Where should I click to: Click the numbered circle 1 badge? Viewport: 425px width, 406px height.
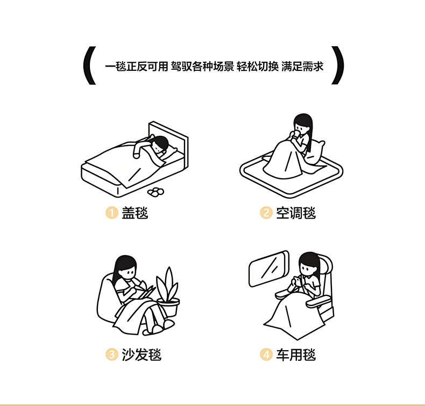111,213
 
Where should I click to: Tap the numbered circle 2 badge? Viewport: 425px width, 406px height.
266,213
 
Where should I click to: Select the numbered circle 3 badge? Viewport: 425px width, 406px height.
111,354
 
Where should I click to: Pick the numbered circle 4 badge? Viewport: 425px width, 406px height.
266,354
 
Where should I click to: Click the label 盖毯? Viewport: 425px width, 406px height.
134,213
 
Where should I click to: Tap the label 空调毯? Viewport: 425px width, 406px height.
296,213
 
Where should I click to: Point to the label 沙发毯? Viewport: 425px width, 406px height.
141,354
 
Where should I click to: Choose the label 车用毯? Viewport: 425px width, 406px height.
296,354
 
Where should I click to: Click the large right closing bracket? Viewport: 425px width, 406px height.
337,67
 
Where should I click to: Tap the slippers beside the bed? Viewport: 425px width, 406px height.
157,191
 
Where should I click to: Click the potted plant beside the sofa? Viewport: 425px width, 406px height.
168,294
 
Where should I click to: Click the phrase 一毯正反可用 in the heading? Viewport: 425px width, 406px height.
137,67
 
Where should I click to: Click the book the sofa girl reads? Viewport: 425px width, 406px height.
145,292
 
